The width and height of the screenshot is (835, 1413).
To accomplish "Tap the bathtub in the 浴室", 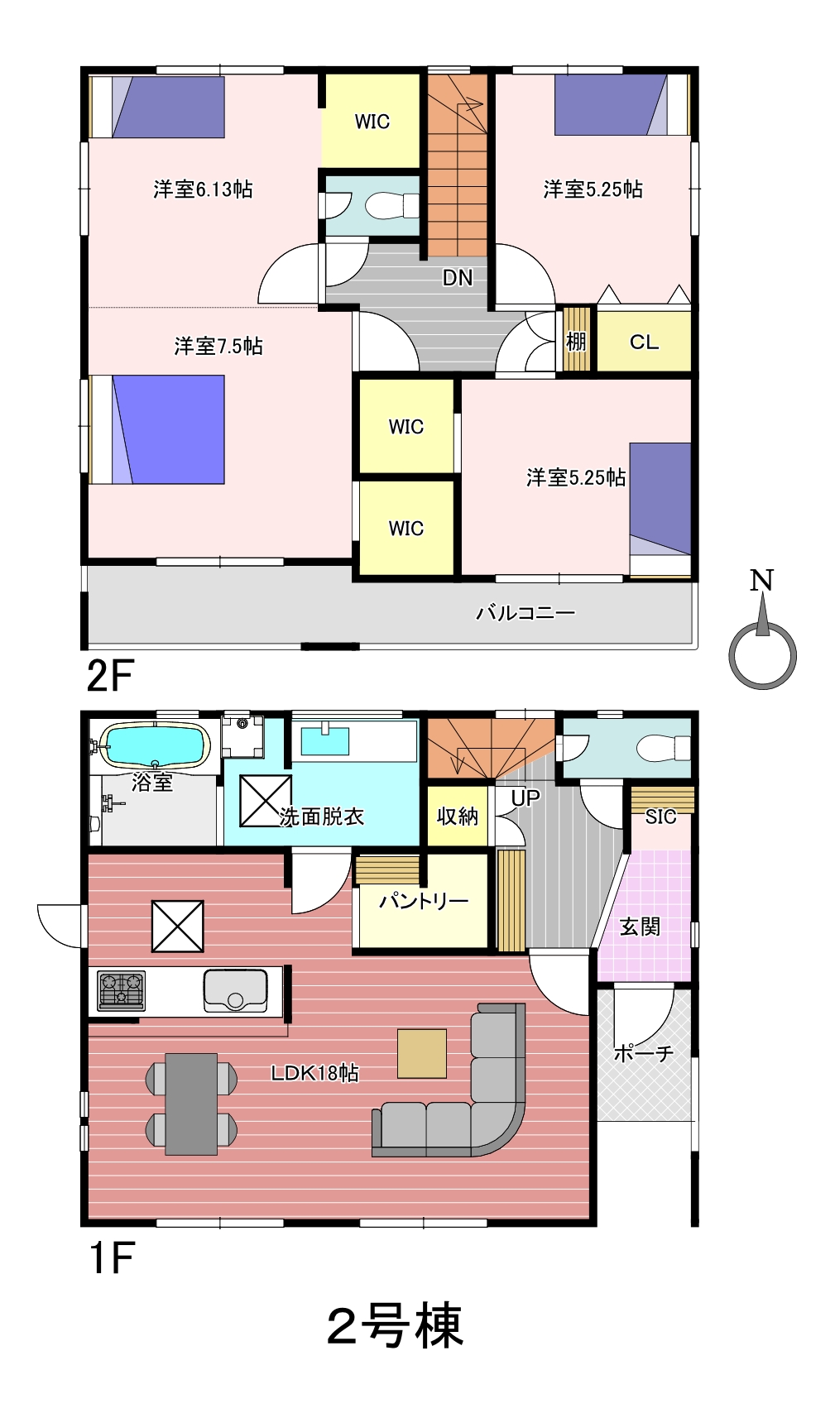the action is [x=156, y=745].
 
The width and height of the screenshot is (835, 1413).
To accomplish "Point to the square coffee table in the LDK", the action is [x=421, y=1053].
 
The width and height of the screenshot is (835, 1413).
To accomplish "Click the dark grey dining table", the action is [x=191, y=1104].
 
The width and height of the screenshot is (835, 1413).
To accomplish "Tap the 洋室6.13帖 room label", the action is [x=203, y=189].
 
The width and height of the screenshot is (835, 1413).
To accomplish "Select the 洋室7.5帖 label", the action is [x=218, y=346].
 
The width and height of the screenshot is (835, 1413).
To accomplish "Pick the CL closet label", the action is [x=644, y=342].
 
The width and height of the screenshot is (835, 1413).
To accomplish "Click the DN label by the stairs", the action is [x=458, y=278].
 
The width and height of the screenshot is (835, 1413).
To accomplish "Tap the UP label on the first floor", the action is [x=525, y=798].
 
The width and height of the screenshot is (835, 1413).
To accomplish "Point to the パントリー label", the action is [x=424, y=901].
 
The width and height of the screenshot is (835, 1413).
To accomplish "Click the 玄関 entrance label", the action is [x=640, y=927].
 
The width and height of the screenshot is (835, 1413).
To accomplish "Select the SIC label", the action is [x=661, y=817].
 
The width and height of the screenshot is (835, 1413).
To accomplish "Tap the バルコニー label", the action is [x=525, y=612].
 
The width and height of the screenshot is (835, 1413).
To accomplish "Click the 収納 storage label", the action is [x=458, y=817].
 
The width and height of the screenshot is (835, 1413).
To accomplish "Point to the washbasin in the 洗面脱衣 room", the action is [x=325, y=740].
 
